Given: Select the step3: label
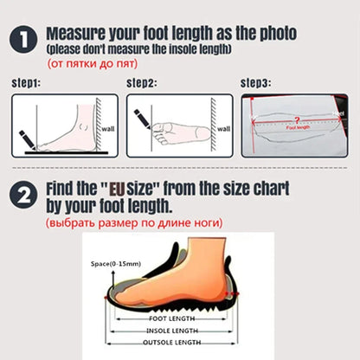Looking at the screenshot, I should pos(256,84).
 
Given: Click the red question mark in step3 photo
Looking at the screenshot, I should pos(299,120).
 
